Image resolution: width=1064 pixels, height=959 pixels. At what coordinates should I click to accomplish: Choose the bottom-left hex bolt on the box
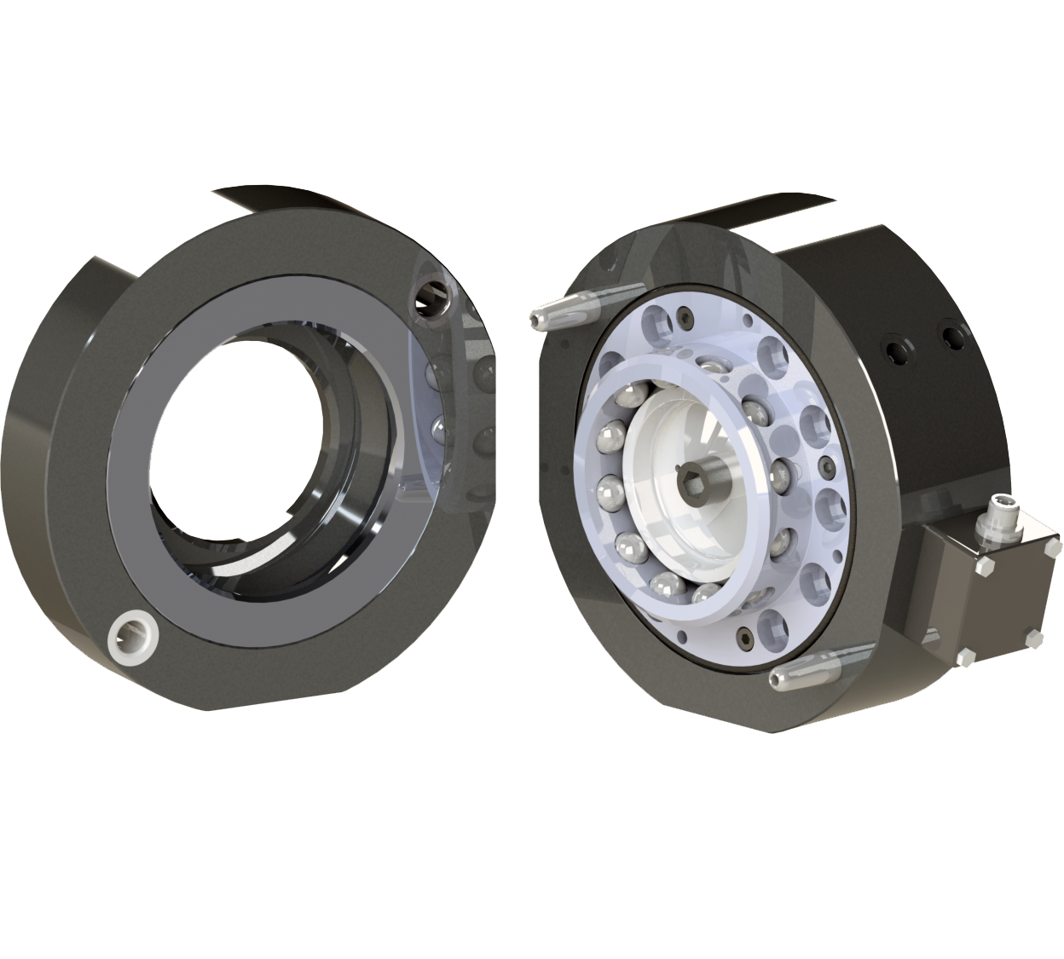click(967, 656)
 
